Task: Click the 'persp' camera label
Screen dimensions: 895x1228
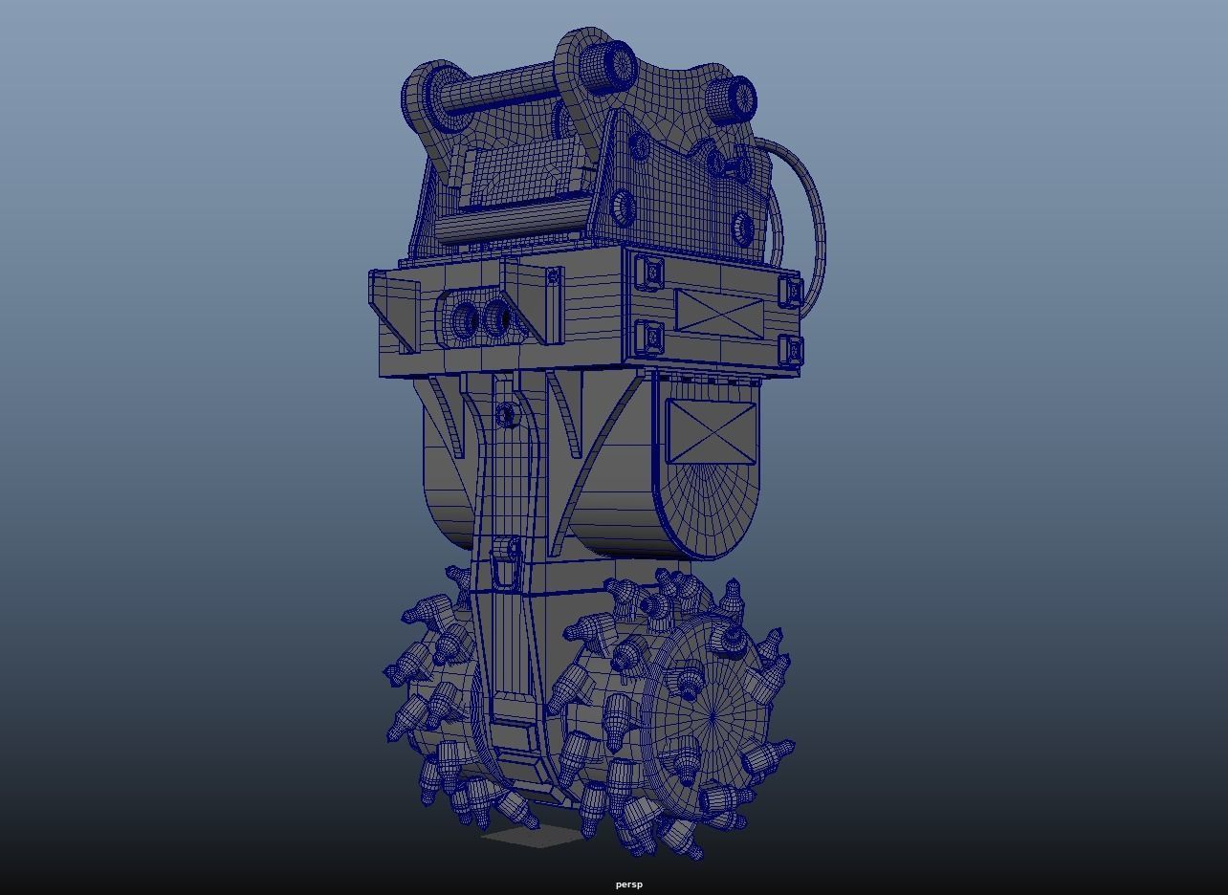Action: pyautogui.click(x=628, y=884)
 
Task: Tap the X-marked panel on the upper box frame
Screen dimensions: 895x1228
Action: pyautogui.click(x=719, y=314)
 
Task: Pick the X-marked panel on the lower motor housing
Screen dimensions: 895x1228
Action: pyautogui.click(x=710, y=432)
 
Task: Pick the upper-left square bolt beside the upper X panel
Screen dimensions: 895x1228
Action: pyautogui.click(x=651, y=273)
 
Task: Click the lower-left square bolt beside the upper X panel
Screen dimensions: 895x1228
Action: pyautogui.click(x=650, y=337)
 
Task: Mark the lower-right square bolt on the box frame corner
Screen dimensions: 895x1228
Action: pyautogui.click(x=789, y=351)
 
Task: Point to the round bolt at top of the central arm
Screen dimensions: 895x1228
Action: pyautogui.click(x=506, y=415)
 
